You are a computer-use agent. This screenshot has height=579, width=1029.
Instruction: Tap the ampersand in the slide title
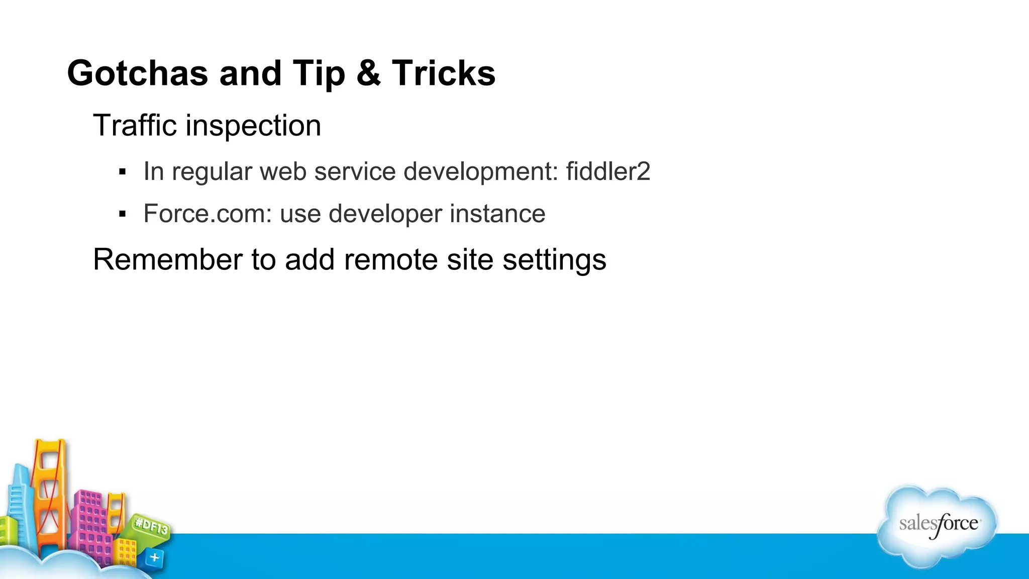pos(368,73)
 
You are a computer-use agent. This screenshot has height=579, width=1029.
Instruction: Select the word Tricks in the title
pos(444,73)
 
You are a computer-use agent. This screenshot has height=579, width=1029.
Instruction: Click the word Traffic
pos(135,125)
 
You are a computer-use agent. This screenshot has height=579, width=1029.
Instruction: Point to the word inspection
pos(253,126)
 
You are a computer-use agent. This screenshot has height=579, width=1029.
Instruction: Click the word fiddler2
pos(608,171)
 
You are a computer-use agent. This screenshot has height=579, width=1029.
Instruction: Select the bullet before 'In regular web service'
pos(122,172)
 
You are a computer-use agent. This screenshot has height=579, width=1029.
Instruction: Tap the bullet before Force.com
pos(122,215)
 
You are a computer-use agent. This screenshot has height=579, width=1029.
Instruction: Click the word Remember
pos(168,260)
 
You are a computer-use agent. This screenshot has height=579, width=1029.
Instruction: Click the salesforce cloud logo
pos(938,525)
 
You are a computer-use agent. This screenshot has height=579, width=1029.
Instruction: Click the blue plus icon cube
pos(155,557)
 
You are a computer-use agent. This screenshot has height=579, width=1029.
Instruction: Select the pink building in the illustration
pos(90,523)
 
